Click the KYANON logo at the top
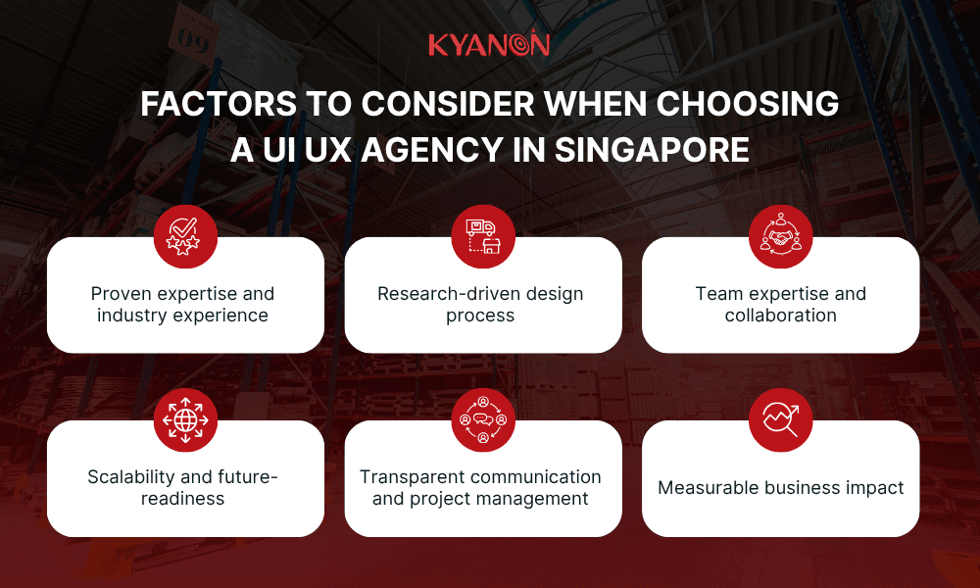coord(489,45)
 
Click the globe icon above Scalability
coord(185,420)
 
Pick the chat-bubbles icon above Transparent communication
coord(483,420)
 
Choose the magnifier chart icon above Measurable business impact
coord(780,420)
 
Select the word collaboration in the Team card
coord(780,316)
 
